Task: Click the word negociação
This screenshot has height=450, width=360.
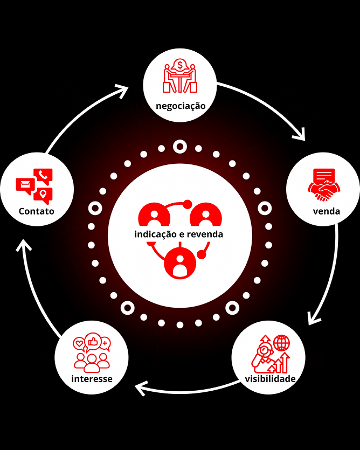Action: pyautogui.click(x=181, y=105)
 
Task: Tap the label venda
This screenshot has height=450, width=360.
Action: pyautogui.click(x=326, y=211)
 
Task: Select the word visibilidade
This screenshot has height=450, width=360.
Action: pyautogui.click(x=270, y=378)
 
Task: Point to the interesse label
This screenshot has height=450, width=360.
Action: pyautogui.click(x=92, y=378)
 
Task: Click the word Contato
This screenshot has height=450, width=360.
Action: pyautogui.click(x=37, y=211)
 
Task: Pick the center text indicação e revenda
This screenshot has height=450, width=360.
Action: pyautogui.click(x=178, y=234)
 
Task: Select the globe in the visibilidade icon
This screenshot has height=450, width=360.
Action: pyautogui.click(x=281, y=343)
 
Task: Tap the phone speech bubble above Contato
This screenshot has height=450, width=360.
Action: pyautogui.click(x=43, y=175)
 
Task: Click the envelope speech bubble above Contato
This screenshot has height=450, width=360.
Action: pyautogui.click(x=25, y=186)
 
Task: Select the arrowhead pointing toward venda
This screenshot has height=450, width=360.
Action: pyautogui.click(x=300, y=135)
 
